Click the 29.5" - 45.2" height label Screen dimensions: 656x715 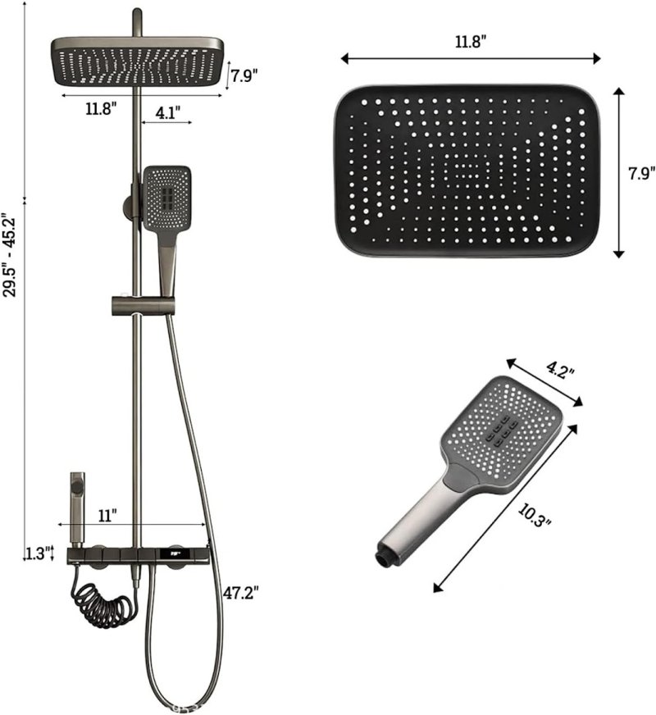(10, 255)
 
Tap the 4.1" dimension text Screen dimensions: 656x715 (168, 112)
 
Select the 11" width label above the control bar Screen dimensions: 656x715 (107, 516)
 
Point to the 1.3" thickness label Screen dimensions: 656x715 (37, 553)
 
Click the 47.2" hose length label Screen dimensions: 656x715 (241, 594)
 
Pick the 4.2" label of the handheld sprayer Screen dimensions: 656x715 (560, 370)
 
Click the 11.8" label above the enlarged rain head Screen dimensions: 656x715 (471, 42)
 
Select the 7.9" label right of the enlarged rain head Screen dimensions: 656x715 (642, 174)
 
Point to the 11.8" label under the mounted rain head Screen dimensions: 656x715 (101, 109)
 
